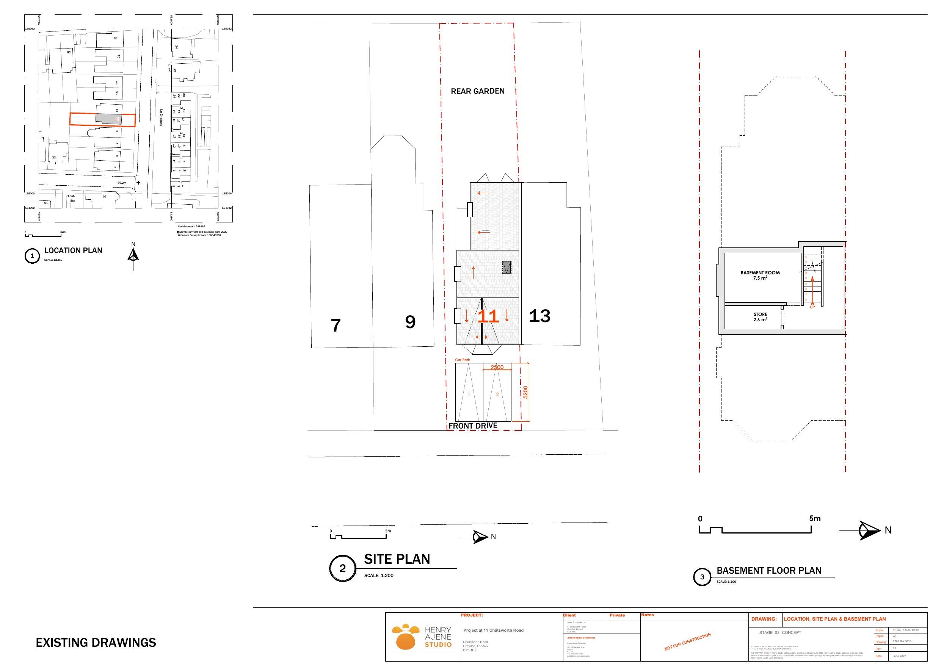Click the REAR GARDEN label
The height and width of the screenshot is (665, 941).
tap(477, 91)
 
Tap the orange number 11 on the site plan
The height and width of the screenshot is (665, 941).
tap(488, 316)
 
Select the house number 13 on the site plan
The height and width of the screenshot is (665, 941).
tap(540, 316)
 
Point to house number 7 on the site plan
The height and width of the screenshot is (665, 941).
tap(336, 326)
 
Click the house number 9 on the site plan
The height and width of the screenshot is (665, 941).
tap(410, 322)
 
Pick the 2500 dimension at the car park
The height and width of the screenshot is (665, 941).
tap(497, 367)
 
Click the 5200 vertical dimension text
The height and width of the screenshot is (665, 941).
tap(525, 392)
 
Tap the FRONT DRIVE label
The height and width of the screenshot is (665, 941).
tap(472, 426)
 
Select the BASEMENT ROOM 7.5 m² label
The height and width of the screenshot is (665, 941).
tap(760, 275)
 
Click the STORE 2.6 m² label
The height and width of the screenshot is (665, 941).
tap(760, 317)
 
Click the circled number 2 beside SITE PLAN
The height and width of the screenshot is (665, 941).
tap(342, 568)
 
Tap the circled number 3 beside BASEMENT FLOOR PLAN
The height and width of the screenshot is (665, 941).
tap(702, 577)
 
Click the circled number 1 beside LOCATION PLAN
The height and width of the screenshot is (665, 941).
tap(32, 256)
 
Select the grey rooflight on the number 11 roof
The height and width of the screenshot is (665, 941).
tap(507, 268)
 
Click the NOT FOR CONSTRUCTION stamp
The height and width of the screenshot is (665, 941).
tap(687, 642)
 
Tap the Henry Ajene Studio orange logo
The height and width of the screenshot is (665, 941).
tap(405, 636)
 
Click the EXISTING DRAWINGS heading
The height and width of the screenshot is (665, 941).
tap(96, 643)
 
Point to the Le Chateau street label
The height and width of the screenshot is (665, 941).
tap(161, 117)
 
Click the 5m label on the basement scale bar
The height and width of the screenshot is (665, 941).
tap(815, 518)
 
